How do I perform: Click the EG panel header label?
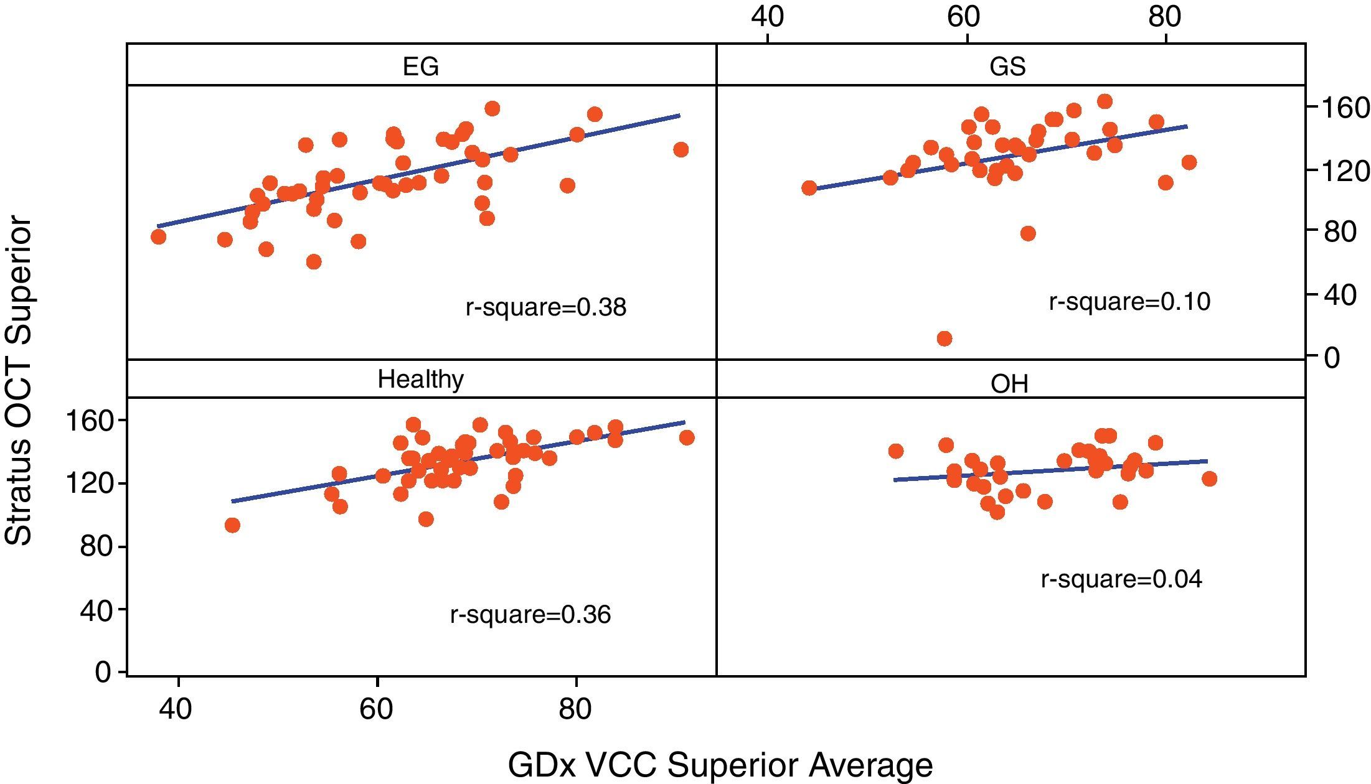tap(421, 66)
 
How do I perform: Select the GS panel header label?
tap(1007, 66)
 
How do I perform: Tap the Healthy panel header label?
tap(421, 379)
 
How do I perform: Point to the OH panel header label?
tap(1009, 384)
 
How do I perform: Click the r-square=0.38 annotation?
tap(546, 307)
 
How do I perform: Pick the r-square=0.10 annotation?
tap(1129, 302)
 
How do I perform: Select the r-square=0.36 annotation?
tap(530, 615)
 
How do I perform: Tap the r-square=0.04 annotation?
tap(1121, 579)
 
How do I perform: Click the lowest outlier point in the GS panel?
tap(945, 338)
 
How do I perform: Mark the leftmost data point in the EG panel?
tap(158, 236)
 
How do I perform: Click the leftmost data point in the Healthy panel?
tap(232, 525)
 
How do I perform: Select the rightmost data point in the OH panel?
tap(1209, 478)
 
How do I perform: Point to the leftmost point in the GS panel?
tap(809, 188)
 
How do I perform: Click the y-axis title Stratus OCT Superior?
tap(19, 381)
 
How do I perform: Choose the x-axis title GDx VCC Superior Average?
tap(720, 764)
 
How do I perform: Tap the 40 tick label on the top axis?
tap(767, 17)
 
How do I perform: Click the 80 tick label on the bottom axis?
tap(575, 709)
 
